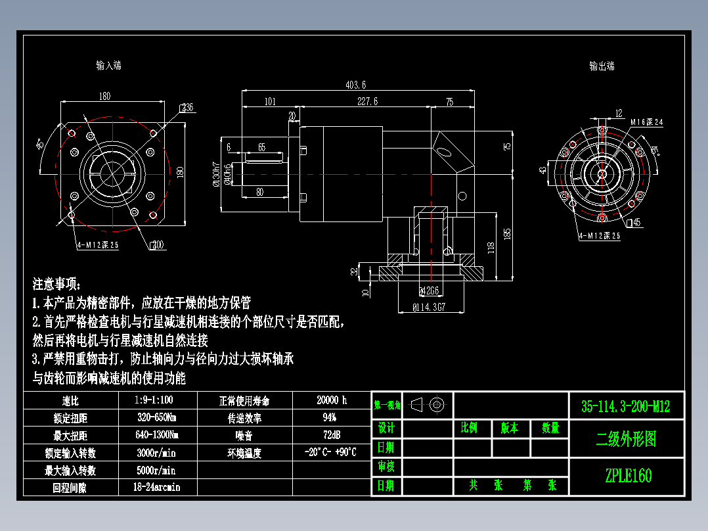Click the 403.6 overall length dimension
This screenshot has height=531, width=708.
[355, 85]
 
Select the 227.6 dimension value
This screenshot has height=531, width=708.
[367, 101]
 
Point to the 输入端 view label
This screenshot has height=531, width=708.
[108, 65]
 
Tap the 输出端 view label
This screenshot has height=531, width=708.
[601, 66]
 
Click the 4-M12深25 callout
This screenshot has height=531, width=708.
[97, 244]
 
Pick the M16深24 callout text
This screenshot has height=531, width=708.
[647, 122]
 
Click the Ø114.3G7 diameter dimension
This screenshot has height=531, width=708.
[429, 306]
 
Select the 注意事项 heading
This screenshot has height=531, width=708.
[57, 285]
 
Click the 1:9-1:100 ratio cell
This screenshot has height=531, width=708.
[158, 400]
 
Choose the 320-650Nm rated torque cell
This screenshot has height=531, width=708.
[158, 418]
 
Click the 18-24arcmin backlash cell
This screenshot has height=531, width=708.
[158, 488]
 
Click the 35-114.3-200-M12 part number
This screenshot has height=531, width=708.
[625, 407]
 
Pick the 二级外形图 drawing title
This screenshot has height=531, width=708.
[625, 439]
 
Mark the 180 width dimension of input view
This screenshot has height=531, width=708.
[104, 96]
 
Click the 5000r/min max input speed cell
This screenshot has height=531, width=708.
[158, 471]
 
